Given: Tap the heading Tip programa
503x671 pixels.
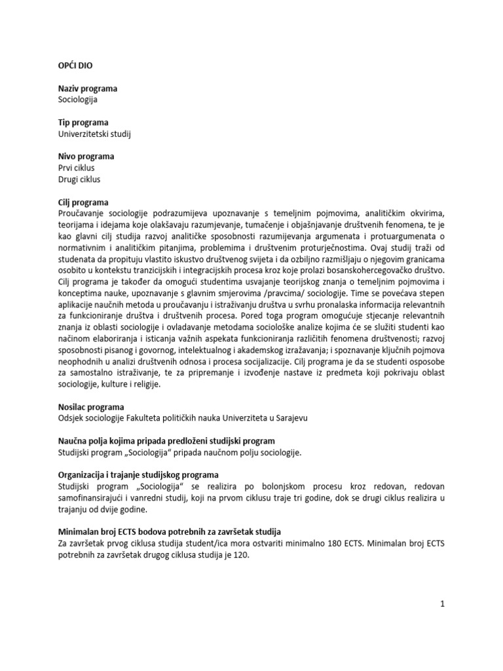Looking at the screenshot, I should point(83,123).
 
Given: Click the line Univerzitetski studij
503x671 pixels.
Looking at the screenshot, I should point(99,134).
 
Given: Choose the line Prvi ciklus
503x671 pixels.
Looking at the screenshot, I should point(77,168).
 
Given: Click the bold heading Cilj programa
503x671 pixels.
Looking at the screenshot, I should point(83,202).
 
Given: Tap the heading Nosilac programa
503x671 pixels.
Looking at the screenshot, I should point(91,406).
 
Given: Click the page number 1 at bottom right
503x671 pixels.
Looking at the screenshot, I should point(443,604).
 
